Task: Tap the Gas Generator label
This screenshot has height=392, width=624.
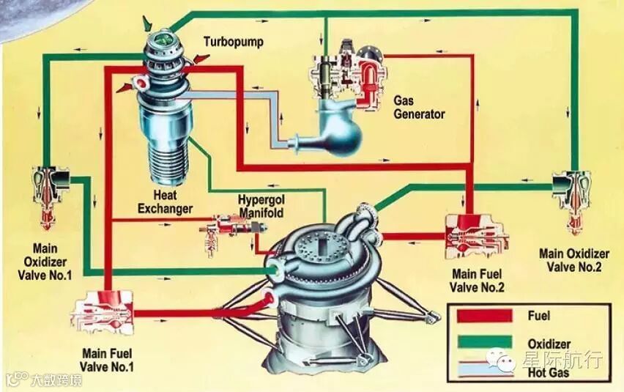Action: tap(419, 108)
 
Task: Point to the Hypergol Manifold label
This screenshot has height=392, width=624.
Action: tap(260, 206)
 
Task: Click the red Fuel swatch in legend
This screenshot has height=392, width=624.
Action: tap(483, 316)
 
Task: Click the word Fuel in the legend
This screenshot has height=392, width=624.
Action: tap(538, 316)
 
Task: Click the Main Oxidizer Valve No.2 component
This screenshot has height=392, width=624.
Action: tap(571, 194)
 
